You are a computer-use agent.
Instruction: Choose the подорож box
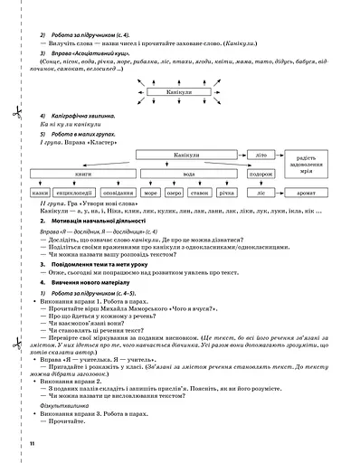point(262,174)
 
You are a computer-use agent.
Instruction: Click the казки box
point(39,194)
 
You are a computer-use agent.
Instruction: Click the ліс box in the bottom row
point(263,194)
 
